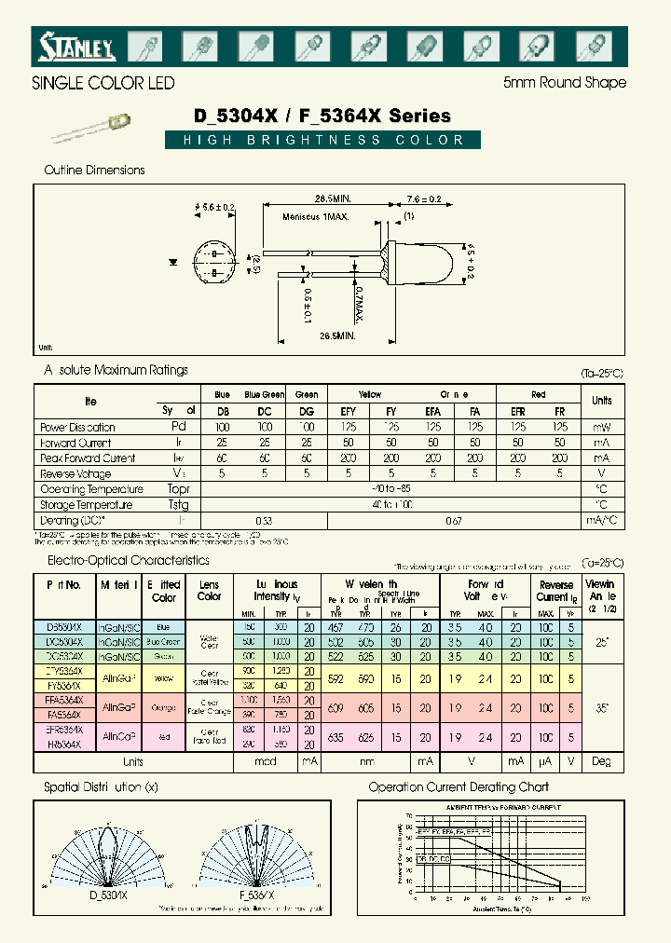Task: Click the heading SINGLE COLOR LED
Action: point(103,83)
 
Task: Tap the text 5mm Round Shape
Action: point(564,83)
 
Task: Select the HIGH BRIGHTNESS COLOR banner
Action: point(323,141)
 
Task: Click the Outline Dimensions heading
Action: point(94,171)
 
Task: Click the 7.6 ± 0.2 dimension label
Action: point(423,198)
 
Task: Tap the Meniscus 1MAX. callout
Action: point(315,217)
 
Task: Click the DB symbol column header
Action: point(223,410)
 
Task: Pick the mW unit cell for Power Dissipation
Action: point(601,427)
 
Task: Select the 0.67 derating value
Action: point(454,521)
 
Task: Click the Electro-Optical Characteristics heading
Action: point(129,561)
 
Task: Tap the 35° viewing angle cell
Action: point(601,707)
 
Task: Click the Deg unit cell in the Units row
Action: point(601,761)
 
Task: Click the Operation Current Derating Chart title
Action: point(459,787)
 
